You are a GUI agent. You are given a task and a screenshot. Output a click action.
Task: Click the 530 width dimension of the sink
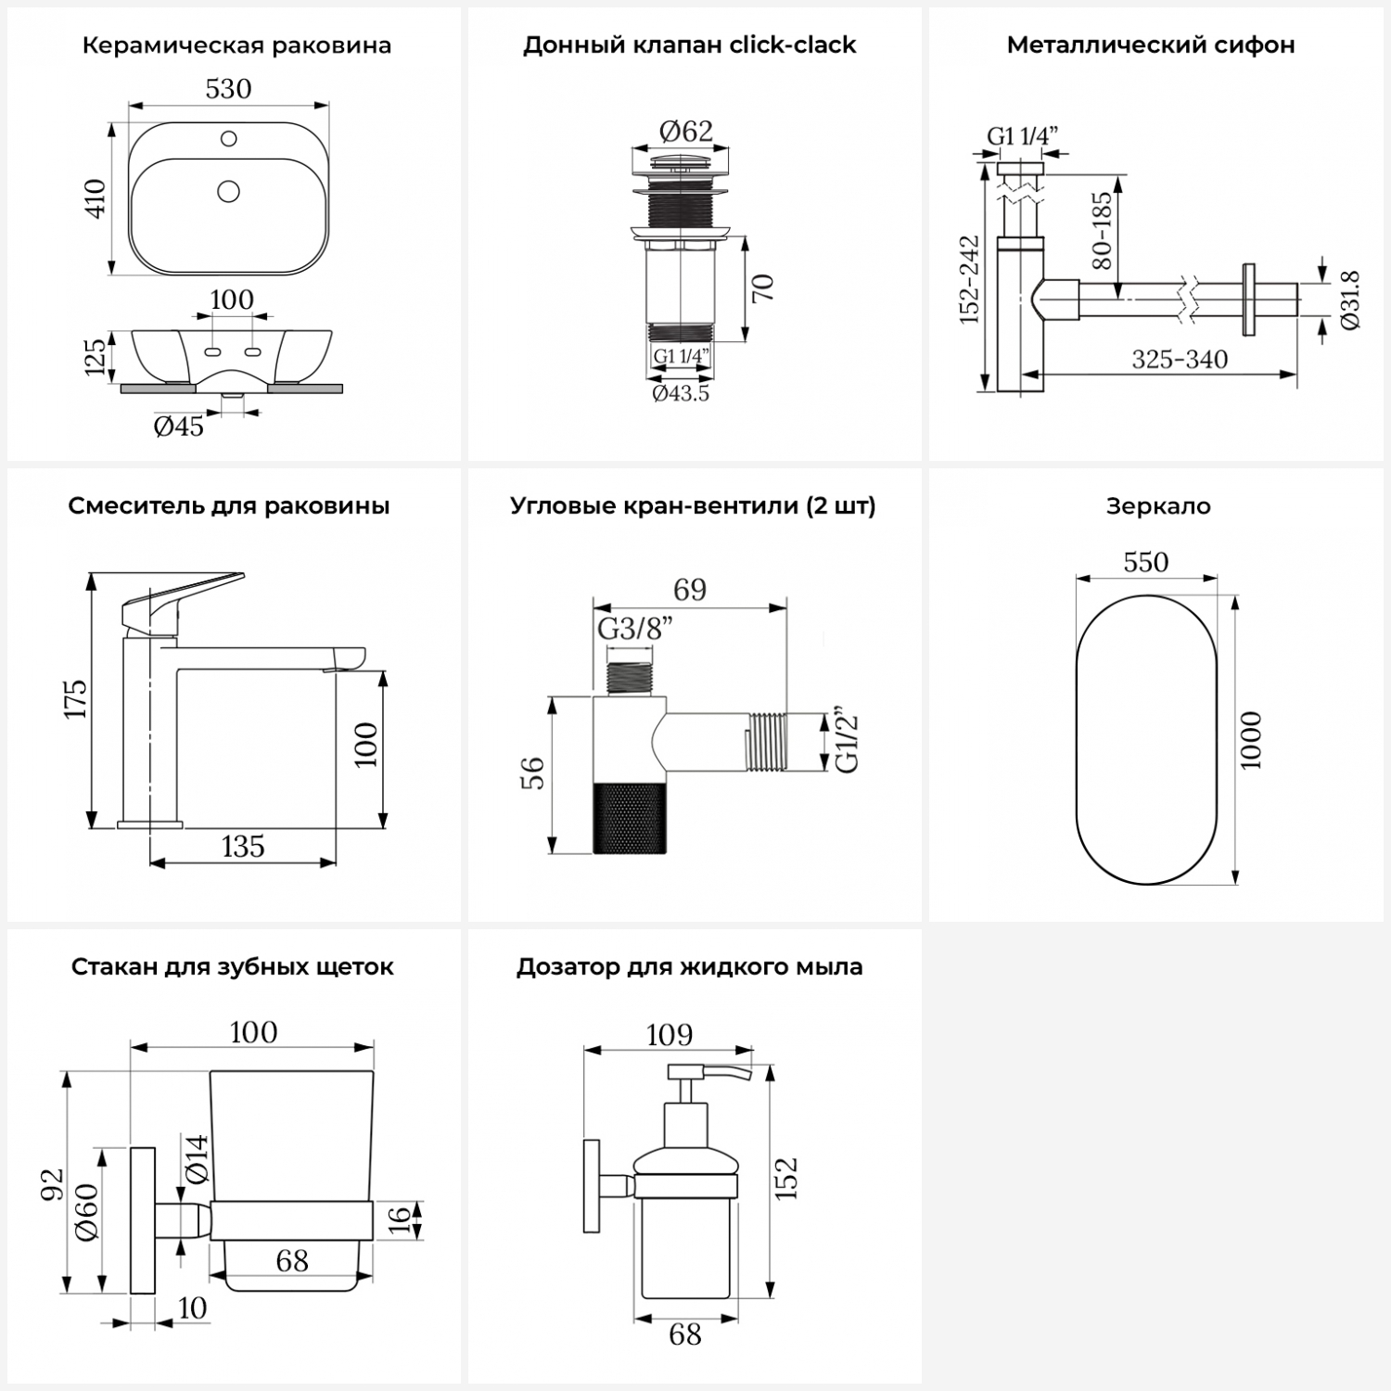[x=228, y=89]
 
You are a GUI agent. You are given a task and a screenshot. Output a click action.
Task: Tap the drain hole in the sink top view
[x=228, y=191]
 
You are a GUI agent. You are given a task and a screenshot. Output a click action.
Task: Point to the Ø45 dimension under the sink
[x=178, y=427]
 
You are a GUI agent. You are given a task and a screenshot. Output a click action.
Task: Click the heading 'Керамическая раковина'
[x=236, y=45]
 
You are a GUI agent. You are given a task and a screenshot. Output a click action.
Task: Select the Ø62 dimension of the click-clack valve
[x=686, y=132]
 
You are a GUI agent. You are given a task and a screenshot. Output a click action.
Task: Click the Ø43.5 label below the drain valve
[x=681, y=393]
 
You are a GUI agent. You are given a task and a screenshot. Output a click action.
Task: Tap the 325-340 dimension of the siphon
[x=1180, y=359]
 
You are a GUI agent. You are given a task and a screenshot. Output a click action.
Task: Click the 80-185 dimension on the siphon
[x=1102, y=230]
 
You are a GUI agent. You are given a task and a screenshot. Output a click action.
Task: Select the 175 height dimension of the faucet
[x=76, y=698]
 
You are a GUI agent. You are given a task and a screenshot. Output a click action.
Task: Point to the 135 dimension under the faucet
[x=243, y=847]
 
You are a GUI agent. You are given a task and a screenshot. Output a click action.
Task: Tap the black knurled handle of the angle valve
[x=630, y=817]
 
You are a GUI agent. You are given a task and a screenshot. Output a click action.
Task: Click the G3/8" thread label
[x=634, y=630]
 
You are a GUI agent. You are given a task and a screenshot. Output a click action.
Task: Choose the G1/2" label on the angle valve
[x=847, y=742]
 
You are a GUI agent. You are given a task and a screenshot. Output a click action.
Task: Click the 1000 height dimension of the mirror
[x=1251, y=740]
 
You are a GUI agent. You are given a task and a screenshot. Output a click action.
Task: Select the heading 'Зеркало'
[x=1158, y=506]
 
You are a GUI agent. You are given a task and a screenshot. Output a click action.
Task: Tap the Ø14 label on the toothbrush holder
[x=196, y=1159]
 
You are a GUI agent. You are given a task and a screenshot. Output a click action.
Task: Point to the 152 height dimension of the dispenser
[x=786, y=1178]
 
